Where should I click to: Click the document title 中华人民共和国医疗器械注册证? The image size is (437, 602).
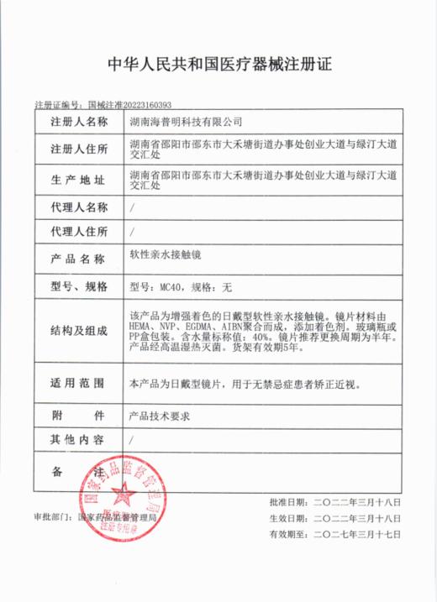click(x=218, y=64)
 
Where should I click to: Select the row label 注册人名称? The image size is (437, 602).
click(x=79, y=123)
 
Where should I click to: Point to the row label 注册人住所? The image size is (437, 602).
click(x=79, y=150)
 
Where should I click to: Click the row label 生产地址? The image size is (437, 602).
click(x=79, y=181)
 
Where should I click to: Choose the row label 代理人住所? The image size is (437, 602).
click(x=79, y=230)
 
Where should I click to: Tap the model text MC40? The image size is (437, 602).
click(x=171, y=287)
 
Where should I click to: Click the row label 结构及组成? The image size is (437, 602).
click(x=79, y=330)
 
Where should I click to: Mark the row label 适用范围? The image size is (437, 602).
click(x=79, y=383)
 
